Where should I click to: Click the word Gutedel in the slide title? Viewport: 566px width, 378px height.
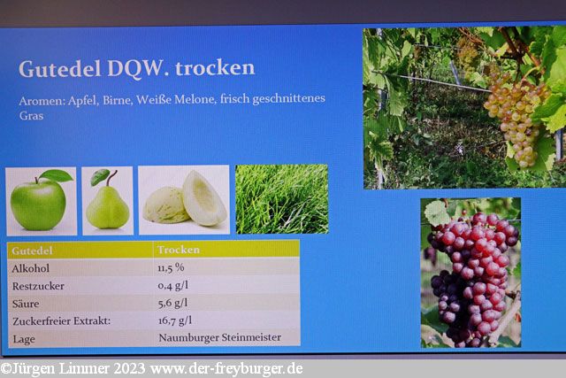tap(60, 69)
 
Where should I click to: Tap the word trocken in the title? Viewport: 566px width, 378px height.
tap(215, 67)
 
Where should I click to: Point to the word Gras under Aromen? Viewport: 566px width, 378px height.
tap(32, 116)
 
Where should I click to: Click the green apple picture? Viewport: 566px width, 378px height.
tap(42, 201)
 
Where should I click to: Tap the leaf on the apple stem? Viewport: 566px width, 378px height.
tap(56, 175)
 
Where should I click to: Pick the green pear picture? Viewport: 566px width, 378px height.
tap(107, 201)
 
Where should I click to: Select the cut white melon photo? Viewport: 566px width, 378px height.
tap(184, 199)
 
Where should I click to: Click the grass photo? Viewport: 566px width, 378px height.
tap(282, 199)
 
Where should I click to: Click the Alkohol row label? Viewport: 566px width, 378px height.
tap(31, 268)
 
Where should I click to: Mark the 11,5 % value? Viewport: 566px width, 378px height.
tap(171, 267)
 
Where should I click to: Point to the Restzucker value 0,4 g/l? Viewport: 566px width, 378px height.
tap(173, 285)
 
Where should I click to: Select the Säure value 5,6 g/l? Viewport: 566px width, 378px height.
tap(173, 303)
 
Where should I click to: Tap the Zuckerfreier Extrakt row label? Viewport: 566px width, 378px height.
tap(61, 321)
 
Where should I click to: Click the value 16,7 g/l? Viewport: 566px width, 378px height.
tap(175, 320)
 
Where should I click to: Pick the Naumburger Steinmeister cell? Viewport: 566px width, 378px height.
tap(220, 337)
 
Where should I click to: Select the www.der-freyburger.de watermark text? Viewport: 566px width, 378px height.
tap(226, 369)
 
